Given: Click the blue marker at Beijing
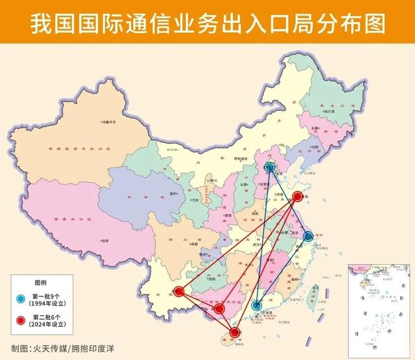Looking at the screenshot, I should (270, 168).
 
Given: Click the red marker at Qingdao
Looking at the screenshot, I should (298, 197).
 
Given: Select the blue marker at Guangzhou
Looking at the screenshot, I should (257, 305).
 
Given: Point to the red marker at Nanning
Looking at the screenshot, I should (219, 309).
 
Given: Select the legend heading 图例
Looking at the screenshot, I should (40, 283).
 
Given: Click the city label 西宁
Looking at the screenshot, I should (173, 194).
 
